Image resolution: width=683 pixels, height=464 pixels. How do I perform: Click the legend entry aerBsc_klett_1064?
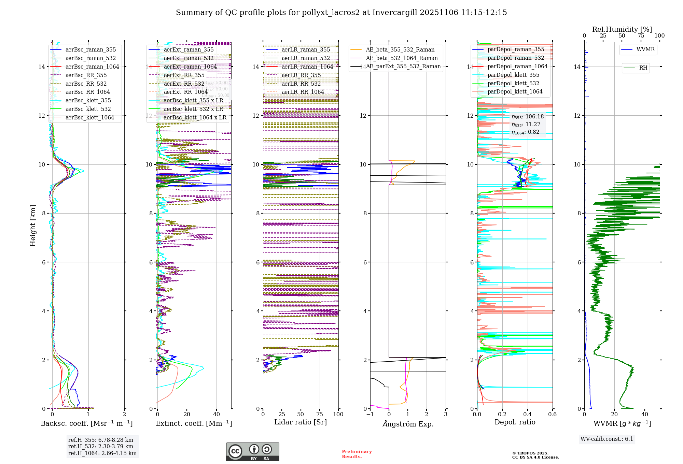90,117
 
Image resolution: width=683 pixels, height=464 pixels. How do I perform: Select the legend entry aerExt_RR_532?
184,84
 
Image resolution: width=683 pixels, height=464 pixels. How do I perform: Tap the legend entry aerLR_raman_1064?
307,67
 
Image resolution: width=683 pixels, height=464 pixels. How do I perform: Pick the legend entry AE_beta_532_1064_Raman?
402,58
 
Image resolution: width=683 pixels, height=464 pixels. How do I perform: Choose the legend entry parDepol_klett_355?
513,75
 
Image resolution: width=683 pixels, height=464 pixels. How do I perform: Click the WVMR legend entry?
645,49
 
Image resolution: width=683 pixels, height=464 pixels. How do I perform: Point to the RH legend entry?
643,68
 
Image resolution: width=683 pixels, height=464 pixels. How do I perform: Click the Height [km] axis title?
33,226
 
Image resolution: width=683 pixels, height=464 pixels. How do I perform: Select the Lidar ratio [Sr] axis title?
301,422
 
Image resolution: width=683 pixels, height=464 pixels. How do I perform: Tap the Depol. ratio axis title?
515,422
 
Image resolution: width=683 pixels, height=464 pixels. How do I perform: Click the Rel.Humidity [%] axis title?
622,29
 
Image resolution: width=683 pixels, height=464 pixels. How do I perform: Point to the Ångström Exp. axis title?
408,424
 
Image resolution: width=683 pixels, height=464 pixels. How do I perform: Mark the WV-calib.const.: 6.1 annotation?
607,439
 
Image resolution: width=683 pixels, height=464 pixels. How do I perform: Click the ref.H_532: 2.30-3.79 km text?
101,446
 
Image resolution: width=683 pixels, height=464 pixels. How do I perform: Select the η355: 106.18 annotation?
528,117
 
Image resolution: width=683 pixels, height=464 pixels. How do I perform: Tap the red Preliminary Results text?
357,454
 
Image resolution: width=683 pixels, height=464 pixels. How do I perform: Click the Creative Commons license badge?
252,452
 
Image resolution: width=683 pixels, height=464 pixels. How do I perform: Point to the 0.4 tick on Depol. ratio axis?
527,415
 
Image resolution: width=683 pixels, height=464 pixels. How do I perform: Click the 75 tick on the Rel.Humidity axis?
641,36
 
